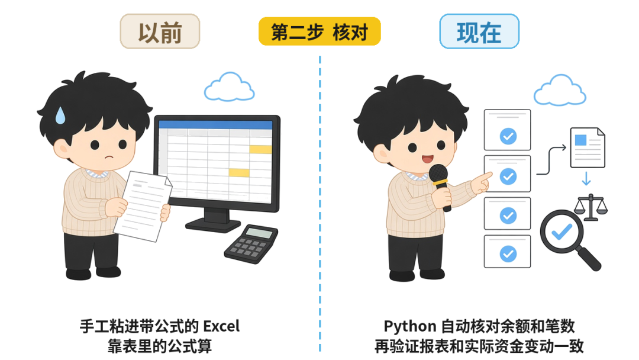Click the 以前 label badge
[x=160, y=31]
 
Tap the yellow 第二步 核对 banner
[x=319, y=31]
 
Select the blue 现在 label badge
[x=479, y=31]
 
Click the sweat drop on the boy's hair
[x=60, y=115]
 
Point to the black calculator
[x=251, y=243]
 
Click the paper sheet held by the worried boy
[x=143, y=206]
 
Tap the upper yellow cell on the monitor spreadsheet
[x=260, y=149]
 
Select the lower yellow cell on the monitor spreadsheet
[x=239, y=172]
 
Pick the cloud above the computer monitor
[x=230, y=87]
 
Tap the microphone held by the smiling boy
[x=440, y=185]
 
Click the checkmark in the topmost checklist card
[x=508, y=136]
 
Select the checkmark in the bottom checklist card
[x=508, y=254]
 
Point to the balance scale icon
[x=590, y=207]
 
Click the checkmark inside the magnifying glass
[x=561, y=232]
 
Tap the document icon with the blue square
[x=588, y=147]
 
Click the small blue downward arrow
[x=586, y=178]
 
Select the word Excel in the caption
[x=221, y=326]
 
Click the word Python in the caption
[x=410, y=327]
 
